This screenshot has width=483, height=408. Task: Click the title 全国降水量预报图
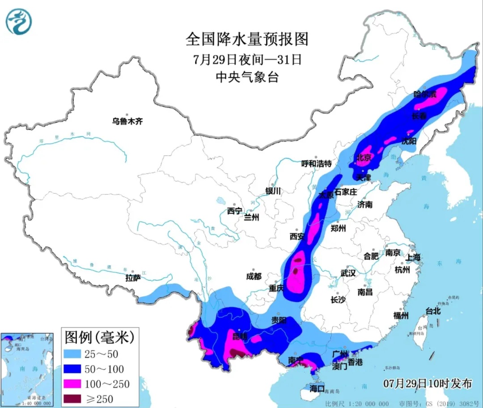[x=247, y=39]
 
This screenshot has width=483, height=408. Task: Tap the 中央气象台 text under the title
[x=247, y=77]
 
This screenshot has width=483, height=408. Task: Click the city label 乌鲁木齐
[x=127, y=121]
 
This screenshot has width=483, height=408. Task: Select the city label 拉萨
[x=133, y=278]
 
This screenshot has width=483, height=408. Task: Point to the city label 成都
[x=254, y=276]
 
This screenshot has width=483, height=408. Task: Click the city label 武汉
[x=348, y=273]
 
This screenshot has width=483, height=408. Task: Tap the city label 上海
[x=414, y=258]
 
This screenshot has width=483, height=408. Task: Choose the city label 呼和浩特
[x=317, y=164]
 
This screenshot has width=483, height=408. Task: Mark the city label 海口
[x=318, y=389]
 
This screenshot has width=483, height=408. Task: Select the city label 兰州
[x=251, y=217]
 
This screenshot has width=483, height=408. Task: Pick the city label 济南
[x=365, y=204]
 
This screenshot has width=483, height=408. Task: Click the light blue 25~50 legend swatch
[x=73, y=354]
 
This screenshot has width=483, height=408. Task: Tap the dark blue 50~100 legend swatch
[x=73, y=369]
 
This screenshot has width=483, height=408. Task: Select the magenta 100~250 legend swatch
[x=73, y=384]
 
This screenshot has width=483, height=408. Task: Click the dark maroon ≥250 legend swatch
[x=73, y=398]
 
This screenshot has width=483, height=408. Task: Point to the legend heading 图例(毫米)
[x=99, y=336]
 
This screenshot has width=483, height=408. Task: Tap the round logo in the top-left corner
[x=19, y=21]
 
